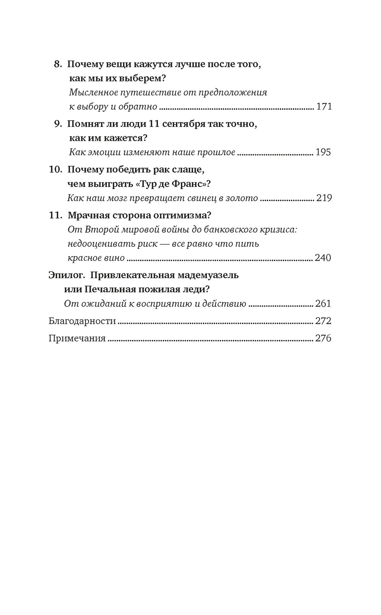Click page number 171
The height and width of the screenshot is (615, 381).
pyautogui.click(x=324, y=106)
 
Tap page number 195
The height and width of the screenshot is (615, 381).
pyautogui.click(x=323, y=153)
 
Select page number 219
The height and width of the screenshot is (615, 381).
pyautogui.click(x=323, y=198)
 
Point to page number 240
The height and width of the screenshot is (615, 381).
pyautogui.click(x=323, y=258)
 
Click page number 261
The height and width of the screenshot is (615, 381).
pyautogui.click(x=323, y=304)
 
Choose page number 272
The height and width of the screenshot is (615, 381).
pyautogui.click(x=323, y=321)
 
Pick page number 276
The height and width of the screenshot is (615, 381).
pyautogui.click(x=323, y=338)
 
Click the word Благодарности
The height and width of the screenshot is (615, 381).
pyautogui.click(x=82, y=321)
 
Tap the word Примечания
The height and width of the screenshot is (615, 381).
pyautogui.click(x=77, y=338)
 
